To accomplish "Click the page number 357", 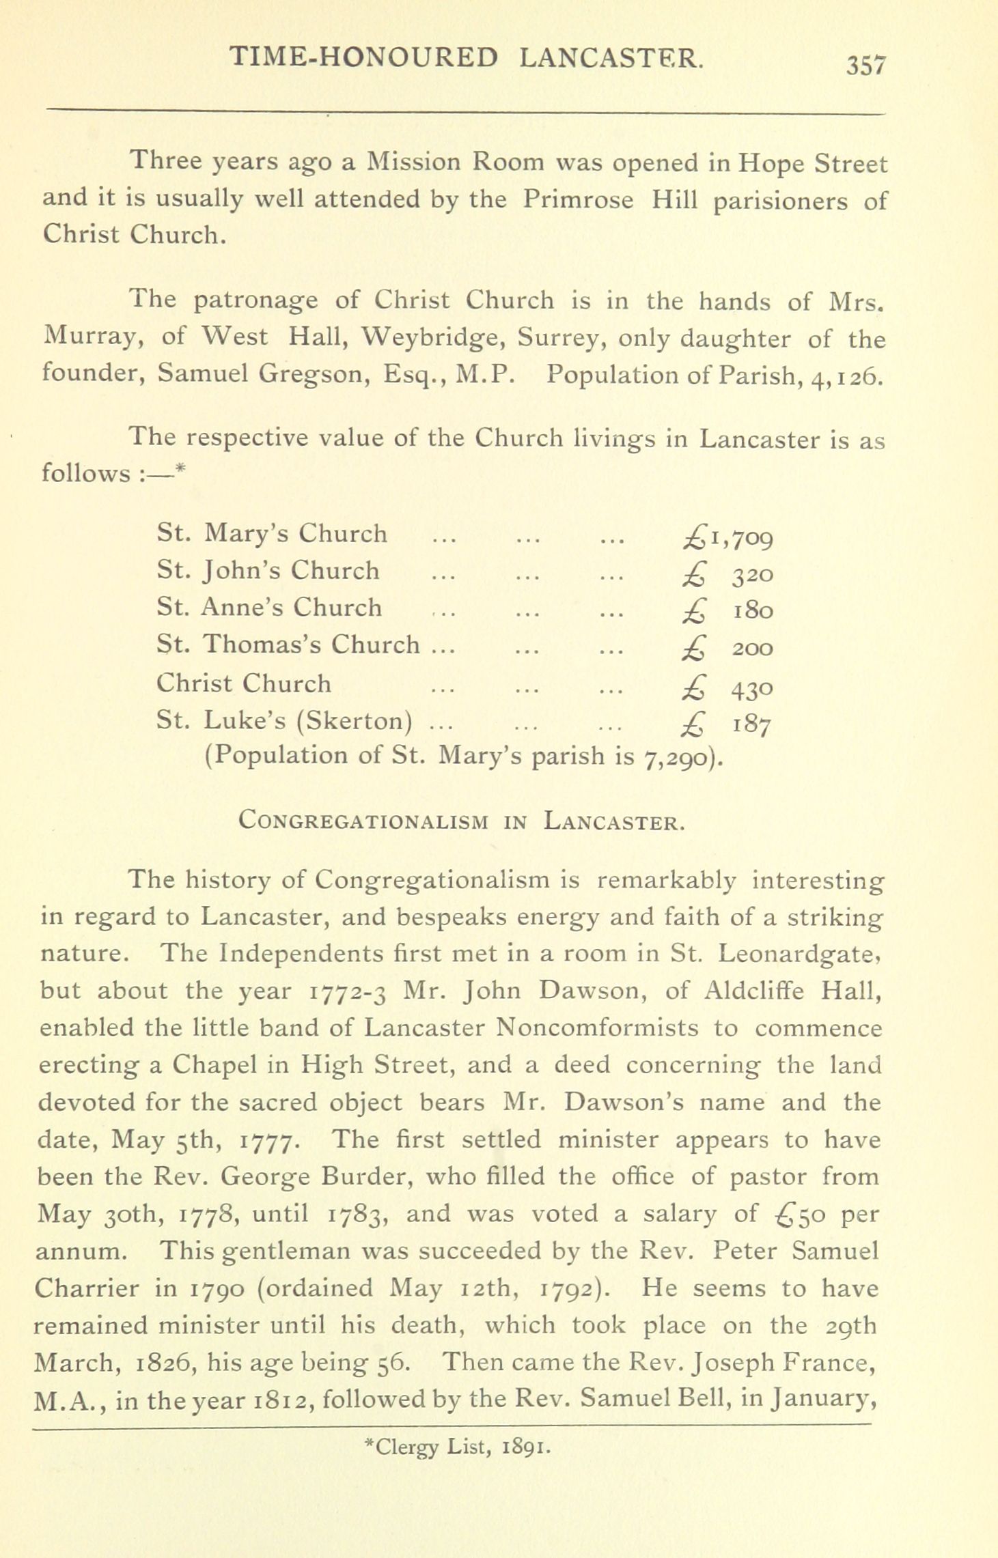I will tap(865, 65).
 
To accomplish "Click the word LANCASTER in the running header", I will tap(610, 58).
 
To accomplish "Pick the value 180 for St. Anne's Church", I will tap(753, 610).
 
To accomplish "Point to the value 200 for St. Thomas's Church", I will tap(753, 647).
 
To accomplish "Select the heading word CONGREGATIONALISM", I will tap(363, 820).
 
